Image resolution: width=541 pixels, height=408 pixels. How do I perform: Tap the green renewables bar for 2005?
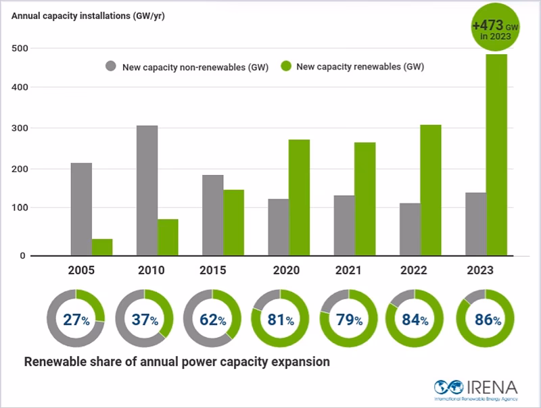[x=102, y=247]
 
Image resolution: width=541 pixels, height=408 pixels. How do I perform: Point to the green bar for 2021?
[x=364, y=199]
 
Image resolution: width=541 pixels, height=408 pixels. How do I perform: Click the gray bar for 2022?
[x=410, y=229]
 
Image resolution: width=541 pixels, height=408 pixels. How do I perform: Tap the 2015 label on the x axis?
[x=213, y=270]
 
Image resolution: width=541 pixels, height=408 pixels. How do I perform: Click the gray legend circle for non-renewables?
[x=111, y=66]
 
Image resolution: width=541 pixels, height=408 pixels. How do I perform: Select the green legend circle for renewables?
[x=285, y=66]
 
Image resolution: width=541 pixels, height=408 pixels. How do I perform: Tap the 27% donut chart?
[x=76, y=318]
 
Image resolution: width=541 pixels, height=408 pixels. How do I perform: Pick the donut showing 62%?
[x=212, y=318]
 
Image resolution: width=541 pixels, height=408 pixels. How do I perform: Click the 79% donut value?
[x=348, y=319]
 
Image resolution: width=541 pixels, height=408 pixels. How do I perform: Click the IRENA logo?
[x=476, y=388]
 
